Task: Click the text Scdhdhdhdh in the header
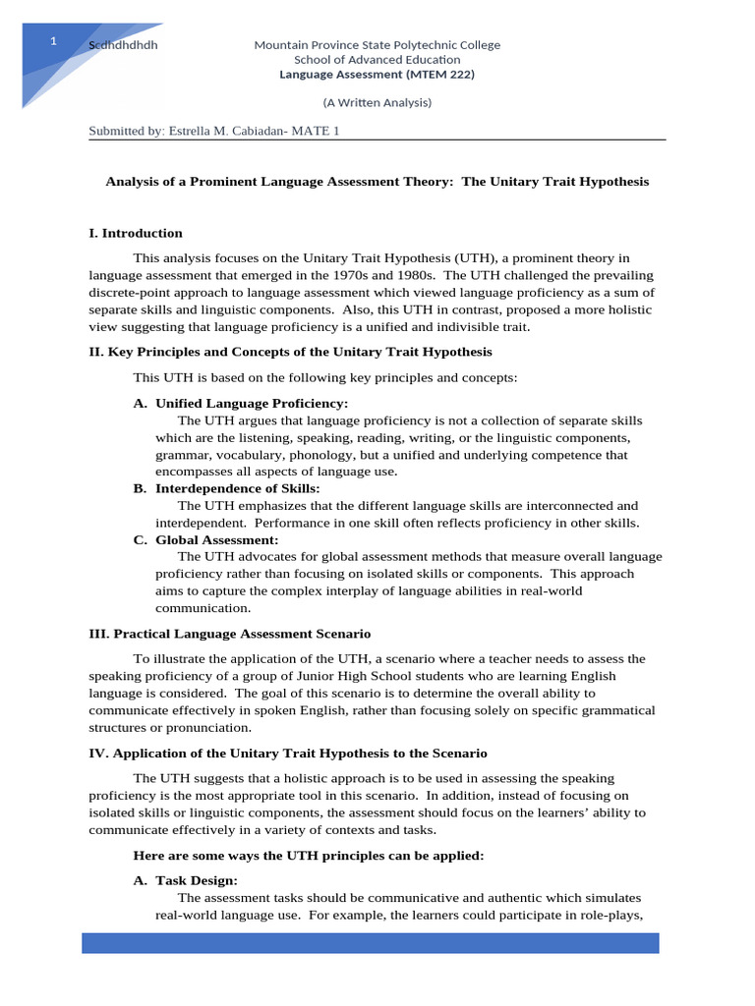click(123, 45)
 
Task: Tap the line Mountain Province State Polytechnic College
click(377, 45)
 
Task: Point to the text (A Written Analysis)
click(377, 102)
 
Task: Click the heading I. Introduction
click(136, 233)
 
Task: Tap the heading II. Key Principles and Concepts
click(290, 351)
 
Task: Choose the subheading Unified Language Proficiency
click(251, 403)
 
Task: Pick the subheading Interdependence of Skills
click(237, 488)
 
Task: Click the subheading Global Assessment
click(216, 539)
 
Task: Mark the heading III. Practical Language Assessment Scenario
click(229, 634)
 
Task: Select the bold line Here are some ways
click(308, 856)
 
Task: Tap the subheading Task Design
click(196, 881)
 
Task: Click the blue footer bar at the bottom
click(370, 943)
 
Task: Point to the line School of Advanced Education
click(377, 60)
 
